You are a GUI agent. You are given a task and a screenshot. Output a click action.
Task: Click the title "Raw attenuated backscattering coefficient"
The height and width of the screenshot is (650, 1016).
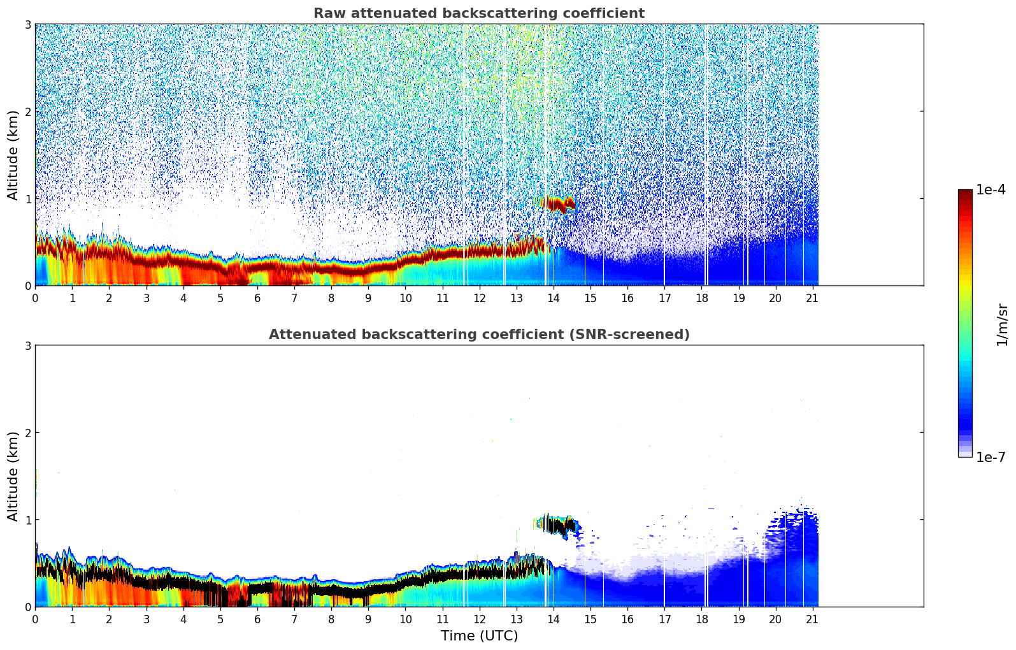[x=478, y=13]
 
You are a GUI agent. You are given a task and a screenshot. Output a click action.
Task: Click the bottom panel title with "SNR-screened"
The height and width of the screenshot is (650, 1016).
[x=478, y=335]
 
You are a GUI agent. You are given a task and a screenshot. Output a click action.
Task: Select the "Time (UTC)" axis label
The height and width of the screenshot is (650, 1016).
[x=479, y=635]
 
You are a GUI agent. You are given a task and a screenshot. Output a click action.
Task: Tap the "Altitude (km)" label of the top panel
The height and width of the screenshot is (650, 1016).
[x=13, y=155]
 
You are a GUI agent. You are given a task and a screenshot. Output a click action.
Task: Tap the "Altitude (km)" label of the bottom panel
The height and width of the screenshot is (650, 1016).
[x=13, y=476]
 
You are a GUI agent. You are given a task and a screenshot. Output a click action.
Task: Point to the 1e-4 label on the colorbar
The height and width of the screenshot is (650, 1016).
[x=991, y=190]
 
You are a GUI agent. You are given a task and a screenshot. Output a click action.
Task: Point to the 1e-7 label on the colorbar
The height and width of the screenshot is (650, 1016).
[x=991, y=457]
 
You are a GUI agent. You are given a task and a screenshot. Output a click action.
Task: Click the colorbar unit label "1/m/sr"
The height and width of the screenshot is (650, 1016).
[x=1002, y=325]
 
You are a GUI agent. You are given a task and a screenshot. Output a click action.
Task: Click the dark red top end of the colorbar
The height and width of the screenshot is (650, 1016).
[x=965, y=193]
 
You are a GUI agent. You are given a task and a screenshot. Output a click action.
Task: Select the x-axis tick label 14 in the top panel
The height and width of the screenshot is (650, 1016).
[x=554, y=298]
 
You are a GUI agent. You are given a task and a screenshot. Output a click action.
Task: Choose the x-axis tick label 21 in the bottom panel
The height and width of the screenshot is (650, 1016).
[x=813, y=619]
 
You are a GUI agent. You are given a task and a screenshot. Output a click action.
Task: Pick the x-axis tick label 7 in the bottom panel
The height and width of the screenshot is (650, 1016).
[x=294, y=619]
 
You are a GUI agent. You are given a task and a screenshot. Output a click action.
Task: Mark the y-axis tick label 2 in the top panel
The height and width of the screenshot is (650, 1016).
[x=27, y=112]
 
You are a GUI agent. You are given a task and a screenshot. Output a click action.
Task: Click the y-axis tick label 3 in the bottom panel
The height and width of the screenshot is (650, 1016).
[x=27, y=345]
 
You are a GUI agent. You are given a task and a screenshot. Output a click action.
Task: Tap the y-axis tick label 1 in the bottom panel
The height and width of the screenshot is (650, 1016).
[x=27, y=520]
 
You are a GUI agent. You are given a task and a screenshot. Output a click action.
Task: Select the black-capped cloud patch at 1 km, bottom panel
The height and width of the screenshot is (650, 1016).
[x=557, y=526]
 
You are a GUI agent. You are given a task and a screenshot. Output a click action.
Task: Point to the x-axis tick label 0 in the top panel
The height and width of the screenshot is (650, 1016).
[x=35, y=298]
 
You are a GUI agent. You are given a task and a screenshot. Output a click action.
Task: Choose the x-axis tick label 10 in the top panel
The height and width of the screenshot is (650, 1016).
[x=405, y=298]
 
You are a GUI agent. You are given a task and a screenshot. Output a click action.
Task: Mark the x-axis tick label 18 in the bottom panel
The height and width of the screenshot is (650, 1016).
[x=701, y=619]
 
